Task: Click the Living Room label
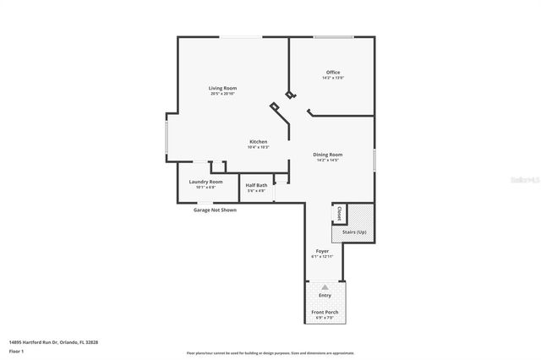coord(223,88)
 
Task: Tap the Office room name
coord(333,73)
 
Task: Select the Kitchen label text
coord(258,141)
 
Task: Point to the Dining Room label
coord(327,155)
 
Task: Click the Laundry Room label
coord(206,182)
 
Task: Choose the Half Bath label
coord(256,185)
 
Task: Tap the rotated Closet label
coord(339,213)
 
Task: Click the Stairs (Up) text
coord(354,232)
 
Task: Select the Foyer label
coord(322,251)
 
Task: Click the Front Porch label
coord(325,313)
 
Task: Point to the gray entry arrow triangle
coord(325,287)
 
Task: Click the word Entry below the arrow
coord(325,295)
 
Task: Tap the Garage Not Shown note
coord(215,210)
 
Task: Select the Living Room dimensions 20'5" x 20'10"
coord(223,94)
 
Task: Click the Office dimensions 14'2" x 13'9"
coord(333,79)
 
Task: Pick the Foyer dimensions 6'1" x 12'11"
coord(322,257)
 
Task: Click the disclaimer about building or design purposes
coord(270,352)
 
